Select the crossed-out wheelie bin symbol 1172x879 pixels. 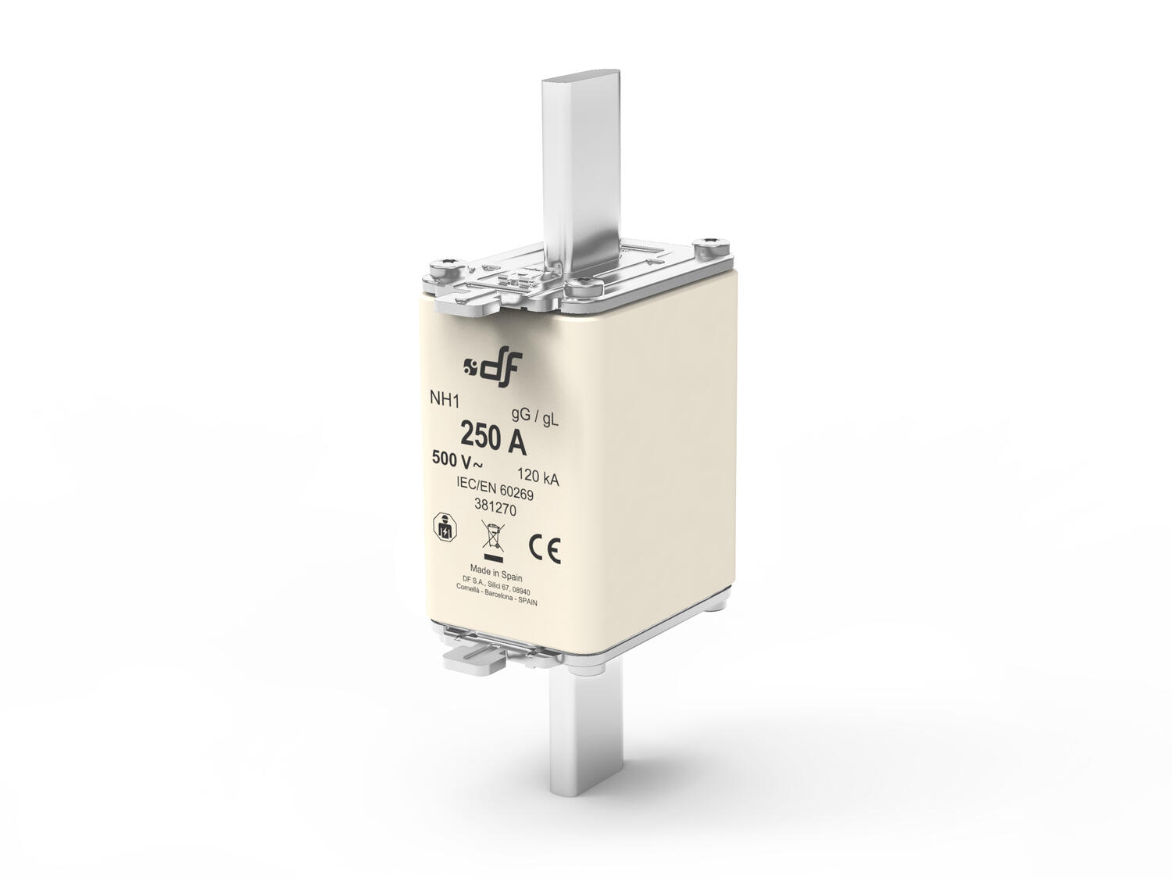492,540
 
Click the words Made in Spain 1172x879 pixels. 496,570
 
